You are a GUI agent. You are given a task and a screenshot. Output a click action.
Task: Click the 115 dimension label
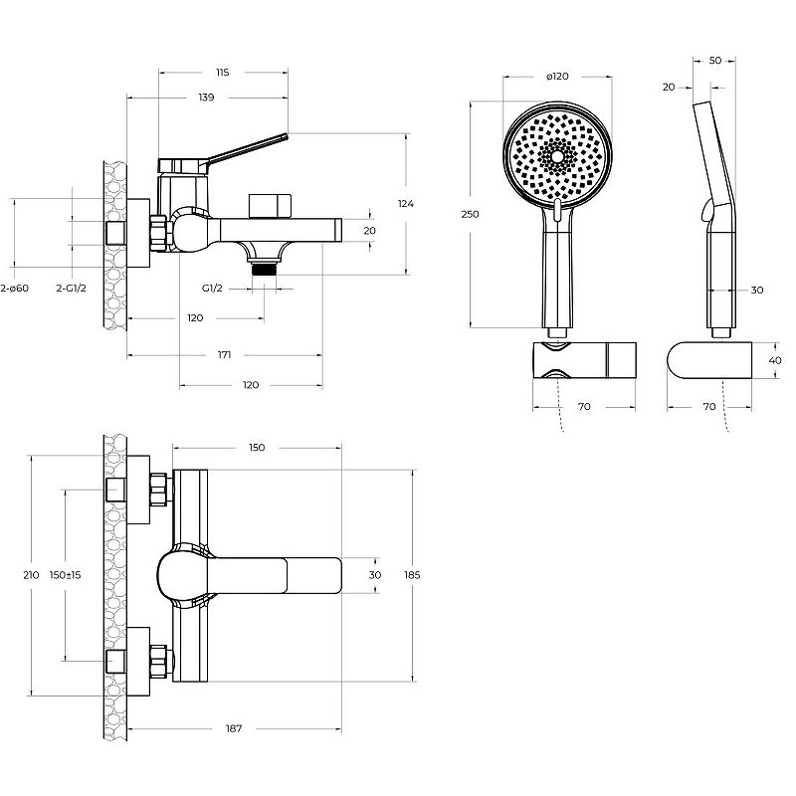coord(222,73)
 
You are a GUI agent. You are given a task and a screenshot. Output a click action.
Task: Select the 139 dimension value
coord(206,97)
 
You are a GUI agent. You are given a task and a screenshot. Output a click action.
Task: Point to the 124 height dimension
coord(406,204)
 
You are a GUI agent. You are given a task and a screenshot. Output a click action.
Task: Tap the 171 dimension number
coord(225,355)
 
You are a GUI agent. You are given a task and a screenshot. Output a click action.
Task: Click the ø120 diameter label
coord(557,77)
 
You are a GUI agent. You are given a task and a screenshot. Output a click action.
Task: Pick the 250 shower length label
coord(470,214)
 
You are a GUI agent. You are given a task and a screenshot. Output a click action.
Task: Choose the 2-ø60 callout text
coord(15,289)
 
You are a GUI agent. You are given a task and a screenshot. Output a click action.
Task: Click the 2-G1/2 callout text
coord(71,289)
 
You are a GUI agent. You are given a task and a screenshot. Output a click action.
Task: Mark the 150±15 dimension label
coord(65,575)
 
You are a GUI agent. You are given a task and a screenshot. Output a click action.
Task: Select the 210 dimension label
coord(31,575)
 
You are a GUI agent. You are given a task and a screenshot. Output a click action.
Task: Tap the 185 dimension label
coord(412,575)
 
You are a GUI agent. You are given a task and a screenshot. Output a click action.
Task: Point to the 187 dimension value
coord(234,728)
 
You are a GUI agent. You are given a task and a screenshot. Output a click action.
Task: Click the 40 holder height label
coord(775,360)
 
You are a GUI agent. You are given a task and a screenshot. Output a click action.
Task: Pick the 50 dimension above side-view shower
coord(714,61)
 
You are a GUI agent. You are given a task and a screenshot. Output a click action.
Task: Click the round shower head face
coord(557,156)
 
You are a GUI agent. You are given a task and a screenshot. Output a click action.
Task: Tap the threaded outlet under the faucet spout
coord(264,268)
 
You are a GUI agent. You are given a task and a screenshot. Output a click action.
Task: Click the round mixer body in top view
coord(183,575)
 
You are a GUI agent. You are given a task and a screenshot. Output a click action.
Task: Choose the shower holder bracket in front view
coord(584,360)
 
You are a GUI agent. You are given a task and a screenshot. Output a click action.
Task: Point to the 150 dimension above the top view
coord(257,447)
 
